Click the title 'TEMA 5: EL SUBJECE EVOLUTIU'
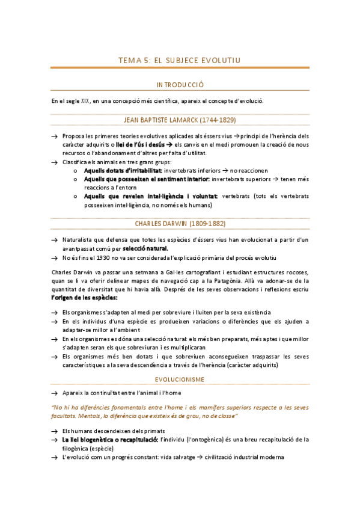(180, 60)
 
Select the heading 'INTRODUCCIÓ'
(180, 85)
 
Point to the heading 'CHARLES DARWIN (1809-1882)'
(180, 223)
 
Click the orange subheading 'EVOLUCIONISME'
(180, 379)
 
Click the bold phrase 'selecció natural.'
(145, 248)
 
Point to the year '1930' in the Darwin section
(101, 258)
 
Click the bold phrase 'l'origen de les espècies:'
(84, 298)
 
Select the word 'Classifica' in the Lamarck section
(75, 162)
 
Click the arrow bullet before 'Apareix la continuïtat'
(55, 393)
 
